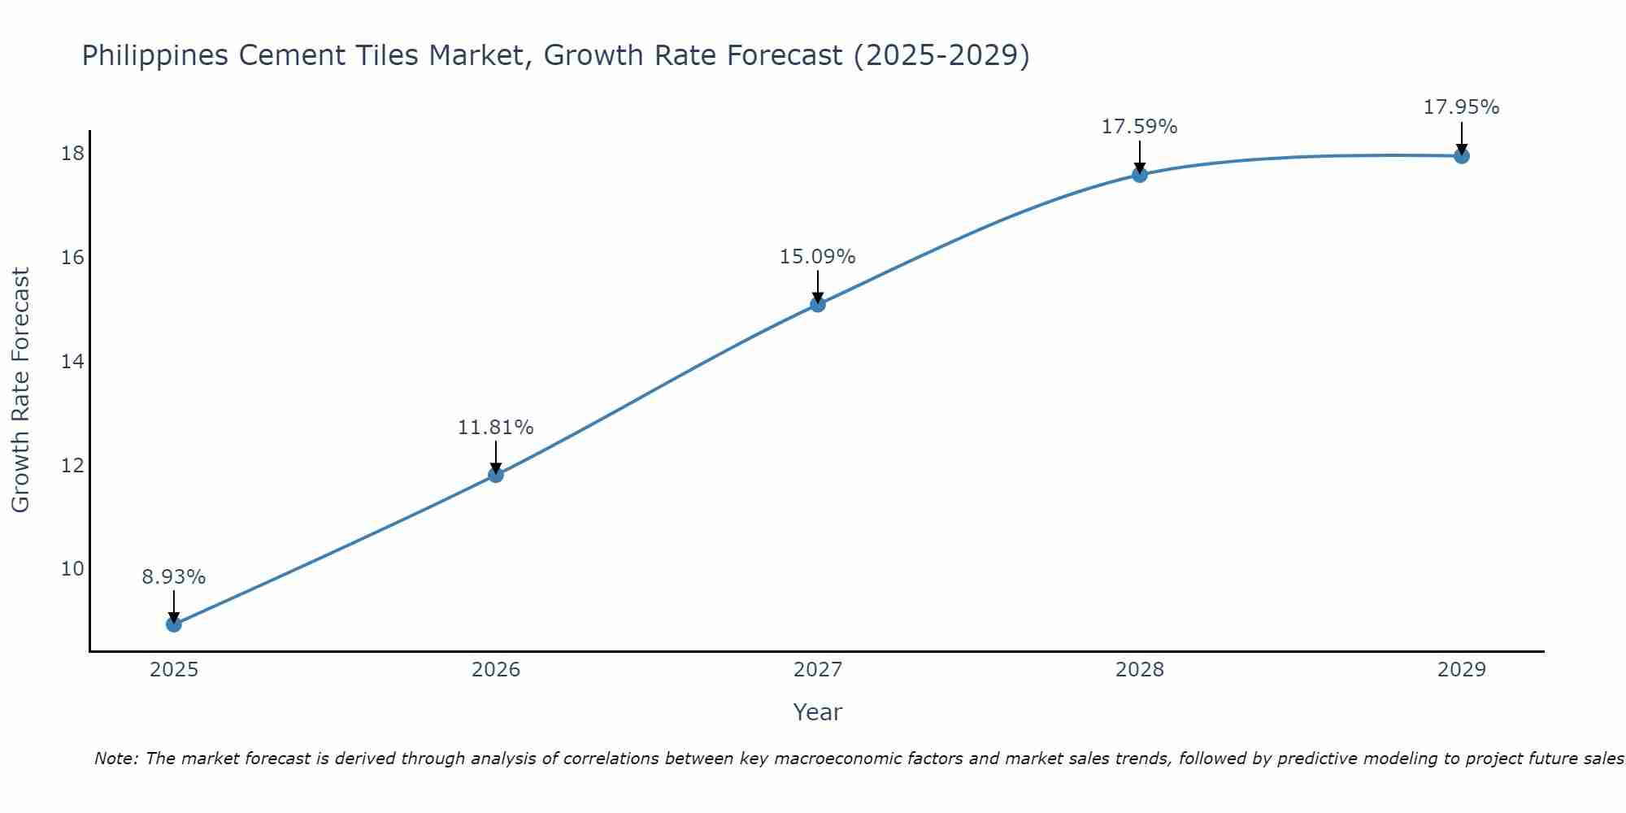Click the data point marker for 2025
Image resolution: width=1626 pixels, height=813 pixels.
click(173, 624)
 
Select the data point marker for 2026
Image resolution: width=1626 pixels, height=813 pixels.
click(495, 474)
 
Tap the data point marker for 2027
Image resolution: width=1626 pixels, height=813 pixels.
click(817, 304)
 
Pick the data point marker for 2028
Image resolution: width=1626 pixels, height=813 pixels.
click(1139, 174)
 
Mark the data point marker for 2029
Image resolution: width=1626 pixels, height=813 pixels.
click(1461, 155)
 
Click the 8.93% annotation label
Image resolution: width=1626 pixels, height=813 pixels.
click(173, 577)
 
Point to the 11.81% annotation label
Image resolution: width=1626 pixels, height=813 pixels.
click(495, 427)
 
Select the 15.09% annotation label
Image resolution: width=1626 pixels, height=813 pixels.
click(817, 257)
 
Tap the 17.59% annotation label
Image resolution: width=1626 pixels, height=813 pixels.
click(1139, 127)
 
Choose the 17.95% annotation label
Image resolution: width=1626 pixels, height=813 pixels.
click(1461, 107)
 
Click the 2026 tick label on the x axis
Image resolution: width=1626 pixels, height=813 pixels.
click(495, 670)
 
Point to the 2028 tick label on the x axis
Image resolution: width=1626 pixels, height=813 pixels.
click(1139, 670)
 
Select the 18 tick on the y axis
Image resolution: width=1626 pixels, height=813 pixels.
click(72, 153)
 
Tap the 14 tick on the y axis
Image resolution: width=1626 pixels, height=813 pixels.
click(72, 361)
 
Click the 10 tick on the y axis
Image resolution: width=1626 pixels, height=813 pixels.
click(72, 568)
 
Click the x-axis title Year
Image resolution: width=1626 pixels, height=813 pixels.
click(817, 712)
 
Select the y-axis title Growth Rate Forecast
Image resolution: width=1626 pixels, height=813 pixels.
click(21, 390)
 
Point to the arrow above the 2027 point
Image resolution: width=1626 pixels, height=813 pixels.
click(817, 286)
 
